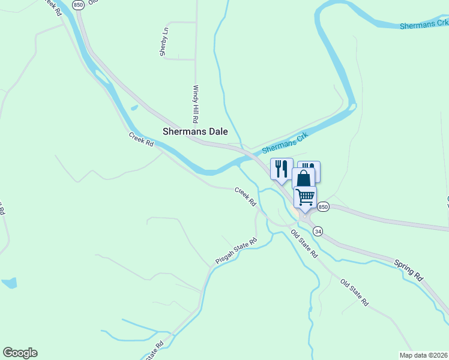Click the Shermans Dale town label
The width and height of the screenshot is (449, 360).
196,131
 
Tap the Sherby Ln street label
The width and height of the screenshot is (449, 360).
163,43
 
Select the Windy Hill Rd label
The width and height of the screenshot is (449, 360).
195,99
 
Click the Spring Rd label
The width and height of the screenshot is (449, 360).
409,271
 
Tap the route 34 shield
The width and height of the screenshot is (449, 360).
318,231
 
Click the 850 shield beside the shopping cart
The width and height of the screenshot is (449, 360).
323,206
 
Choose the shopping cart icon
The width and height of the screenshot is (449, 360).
305,196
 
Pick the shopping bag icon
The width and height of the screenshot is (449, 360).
304,178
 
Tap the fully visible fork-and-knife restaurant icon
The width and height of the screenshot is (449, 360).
282,168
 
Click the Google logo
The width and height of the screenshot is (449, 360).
20,353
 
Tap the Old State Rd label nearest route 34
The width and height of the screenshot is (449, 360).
304,244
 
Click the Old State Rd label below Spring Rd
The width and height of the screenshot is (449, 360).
354,293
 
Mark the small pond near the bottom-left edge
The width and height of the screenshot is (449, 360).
9,282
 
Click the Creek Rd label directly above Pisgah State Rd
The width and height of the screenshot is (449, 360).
245,197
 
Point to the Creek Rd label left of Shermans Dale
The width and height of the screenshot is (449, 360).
141,139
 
